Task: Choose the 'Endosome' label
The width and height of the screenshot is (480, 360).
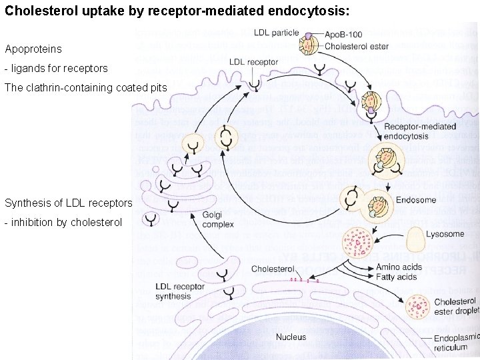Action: click(415, 199)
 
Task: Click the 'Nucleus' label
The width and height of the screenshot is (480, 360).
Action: click(291, 337)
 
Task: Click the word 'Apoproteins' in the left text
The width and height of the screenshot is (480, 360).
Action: click(33, 49)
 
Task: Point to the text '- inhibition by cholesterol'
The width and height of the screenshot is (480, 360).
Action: click(63, 222)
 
